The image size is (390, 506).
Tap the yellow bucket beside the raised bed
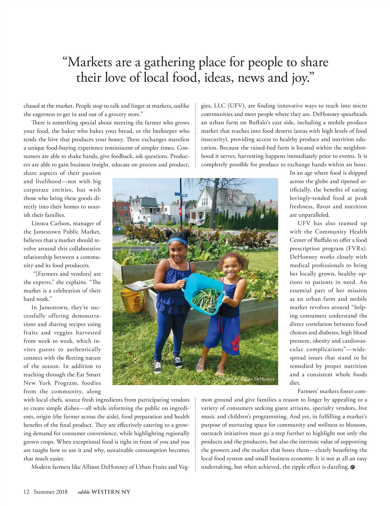point(131,300)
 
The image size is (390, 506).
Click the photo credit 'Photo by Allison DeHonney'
point(248,379)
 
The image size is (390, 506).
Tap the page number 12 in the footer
point(26,492)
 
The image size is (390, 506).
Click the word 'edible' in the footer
point(84,492)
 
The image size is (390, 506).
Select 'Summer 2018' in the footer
point(51,492)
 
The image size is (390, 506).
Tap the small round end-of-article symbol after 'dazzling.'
point(353,467)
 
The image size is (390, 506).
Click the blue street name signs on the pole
point(181,195)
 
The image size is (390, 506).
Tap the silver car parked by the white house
point(201,222)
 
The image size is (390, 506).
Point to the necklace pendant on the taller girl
point(177,267)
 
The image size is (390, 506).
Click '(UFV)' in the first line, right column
point(237,106)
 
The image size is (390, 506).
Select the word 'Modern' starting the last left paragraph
point(41,467)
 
